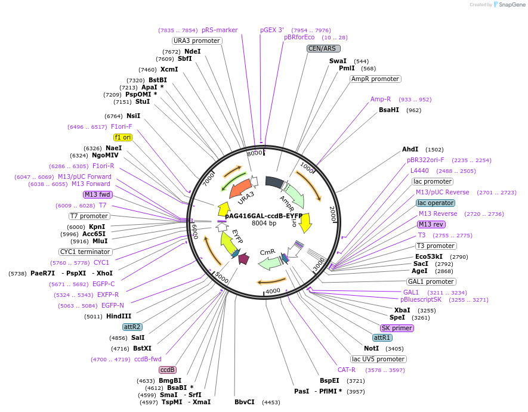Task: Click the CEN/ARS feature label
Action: tap(323, 48)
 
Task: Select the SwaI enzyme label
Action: tap(338, 61)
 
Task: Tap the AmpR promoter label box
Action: tap(375, 79)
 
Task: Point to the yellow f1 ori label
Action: tap(123, 137)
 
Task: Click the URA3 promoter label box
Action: tap(197, 41)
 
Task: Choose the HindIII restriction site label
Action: tap(119, 316)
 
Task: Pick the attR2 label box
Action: tap(132, 327)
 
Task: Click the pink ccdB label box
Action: tap(168, 370)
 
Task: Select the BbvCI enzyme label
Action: tap(245, 402)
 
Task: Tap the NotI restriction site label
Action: tap(371, 348)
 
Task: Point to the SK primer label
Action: tap(397, 328)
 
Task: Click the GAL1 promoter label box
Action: tap(431, 281)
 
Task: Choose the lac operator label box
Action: tap(436, 203)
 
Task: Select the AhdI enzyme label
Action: tap(410, 150)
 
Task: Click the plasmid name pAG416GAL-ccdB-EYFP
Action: tap(264, 216)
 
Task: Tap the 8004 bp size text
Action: tap(264, 224)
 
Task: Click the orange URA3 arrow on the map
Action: tap(240, 191)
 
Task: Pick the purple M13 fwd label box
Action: tap(98, 194)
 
